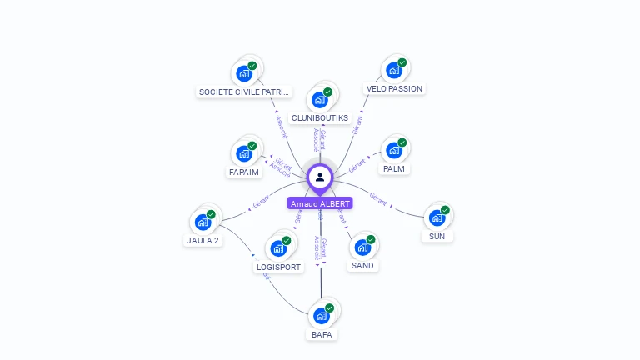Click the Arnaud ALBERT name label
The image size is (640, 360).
point(320,203)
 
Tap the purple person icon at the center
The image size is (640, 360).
point(320,177)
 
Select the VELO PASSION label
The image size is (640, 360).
point(394,88)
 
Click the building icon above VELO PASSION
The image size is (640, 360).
point(393,72)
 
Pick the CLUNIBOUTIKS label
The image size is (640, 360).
point(320,117)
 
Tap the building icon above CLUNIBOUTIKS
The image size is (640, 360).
point(319,100)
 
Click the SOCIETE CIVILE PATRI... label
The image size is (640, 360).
point(244,92)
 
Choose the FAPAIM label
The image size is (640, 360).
point(244,172)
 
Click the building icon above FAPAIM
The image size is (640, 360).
point(244,154)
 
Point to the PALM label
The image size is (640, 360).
point(394,168)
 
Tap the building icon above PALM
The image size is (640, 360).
point(393,151)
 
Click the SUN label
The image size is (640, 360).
point(437,236)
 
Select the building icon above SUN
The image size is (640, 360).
point(437,218)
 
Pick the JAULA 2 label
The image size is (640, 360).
point(202,240)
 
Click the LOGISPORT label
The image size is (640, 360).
point(279,267)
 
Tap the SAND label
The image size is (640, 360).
point(362,265)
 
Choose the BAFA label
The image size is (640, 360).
point(322,334)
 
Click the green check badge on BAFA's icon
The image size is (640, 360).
point(329,308)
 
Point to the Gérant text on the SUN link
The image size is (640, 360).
point(378,199)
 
